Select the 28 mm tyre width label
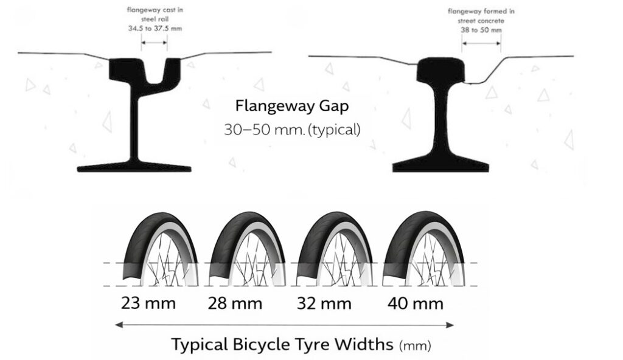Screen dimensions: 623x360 [x=236, y=303]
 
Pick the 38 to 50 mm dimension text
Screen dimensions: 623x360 [x=481, y=30]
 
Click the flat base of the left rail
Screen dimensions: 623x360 [x=134, y=167]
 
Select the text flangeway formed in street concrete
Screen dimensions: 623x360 [x=481, y=15]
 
